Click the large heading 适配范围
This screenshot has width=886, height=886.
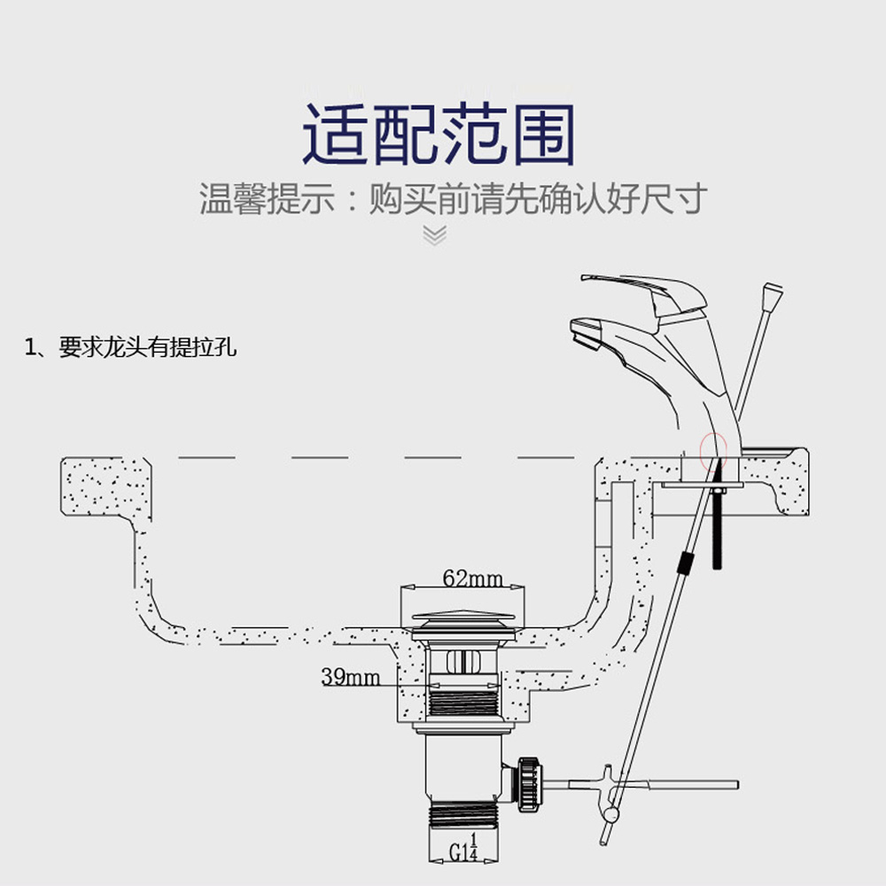tap(439, 135)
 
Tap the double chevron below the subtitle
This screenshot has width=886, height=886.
tap(434, 235)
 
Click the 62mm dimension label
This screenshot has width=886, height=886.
tap(472, 579)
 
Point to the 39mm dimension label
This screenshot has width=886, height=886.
tap(350, 678)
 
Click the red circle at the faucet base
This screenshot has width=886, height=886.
tap(713, 450)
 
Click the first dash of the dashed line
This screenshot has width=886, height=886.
tap(206, 457)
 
